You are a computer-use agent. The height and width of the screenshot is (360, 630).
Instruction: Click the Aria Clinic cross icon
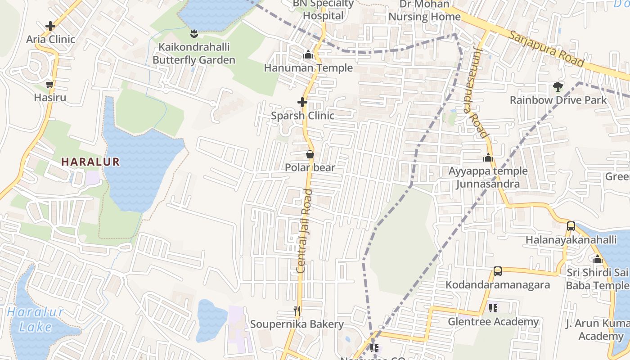tap(50, 26)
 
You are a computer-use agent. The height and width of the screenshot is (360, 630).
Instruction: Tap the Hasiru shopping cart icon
tap(50, 85)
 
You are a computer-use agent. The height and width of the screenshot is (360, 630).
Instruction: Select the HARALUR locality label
tap(90, 162)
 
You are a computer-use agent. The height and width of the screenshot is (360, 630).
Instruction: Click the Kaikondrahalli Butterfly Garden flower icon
tap(194, 34)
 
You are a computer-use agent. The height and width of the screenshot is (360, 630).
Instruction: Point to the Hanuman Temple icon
tap(308, 55)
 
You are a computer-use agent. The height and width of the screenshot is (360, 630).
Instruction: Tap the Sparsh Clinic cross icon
tap(302, 103)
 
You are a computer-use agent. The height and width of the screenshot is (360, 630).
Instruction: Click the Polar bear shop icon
tap(310, 155)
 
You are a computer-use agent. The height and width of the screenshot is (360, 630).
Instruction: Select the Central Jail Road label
tap(305, 231)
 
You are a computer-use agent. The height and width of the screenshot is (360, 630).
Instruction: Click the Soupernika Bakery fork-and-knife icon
tap(297, 311)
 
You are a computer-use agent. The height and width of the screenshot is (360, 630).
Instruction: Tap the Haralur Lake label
tap(35, 319)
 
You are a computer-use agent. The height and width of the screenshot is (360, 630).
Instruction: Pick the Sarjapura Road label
tap(547, 49)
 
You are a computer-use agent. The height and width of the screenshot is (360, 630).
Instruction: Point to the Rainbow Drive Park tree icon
tap(558, 87)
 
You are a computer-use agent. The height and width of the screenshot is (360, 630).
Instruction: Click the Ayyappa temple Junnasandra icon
tap(488, 158)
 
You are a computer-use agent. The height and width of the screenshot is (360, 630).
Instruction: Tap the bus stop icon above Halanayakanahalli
tap(571, 226)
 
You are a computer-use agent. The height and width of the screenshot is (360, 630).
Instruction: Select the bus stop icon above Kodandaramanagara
tap(498, 271)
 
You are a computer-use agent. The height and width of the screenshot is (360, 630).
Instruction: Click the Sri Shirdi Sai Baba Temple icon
tap(598, 260)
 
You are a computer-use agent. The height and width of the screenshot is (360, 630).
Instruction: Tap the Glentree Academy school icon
tap(493, 308)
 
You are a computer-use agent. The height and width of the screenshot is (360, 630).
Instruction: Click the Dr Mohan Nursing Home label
tap(424, 11)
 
